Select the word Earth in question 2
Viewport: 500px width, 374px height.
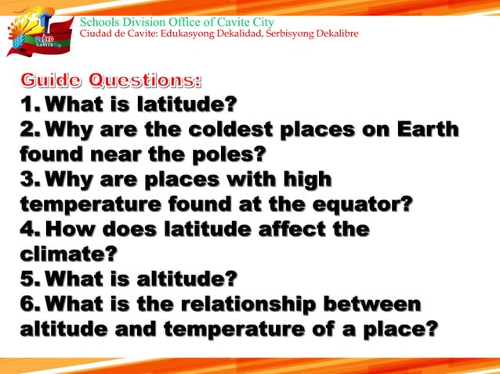click(x=429, y=129)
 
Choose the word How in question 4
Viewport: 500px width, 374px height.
click(x=78, y=230)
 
